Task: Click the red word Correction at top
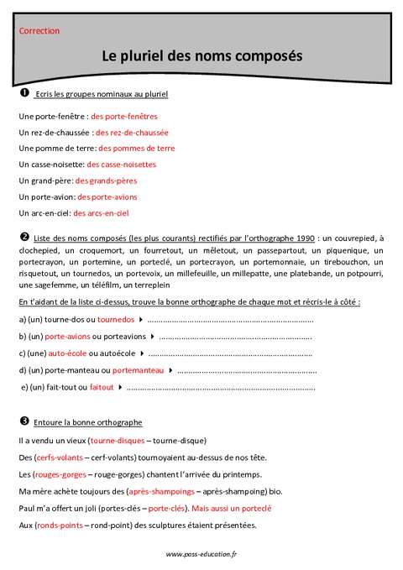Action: (x=39, y=30)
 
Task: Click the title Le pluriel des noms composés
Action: (x=201, y=56)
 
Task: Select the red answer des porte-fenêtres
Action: (x=123, y=117)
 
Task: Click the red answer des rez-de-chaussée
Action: (x=132, y=133)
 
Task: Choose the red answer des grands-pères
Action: (x=106, y=180)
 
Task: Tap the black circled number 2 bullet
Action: (x=24, y=238)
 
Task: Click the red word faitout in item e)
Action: (x=101, y=387)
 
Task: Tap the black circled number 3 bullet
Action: (x=24, y=421)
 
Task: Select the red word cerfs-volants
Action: (x=60, y=458)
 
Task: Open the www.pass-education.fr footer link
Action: (x=201, y=554)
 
